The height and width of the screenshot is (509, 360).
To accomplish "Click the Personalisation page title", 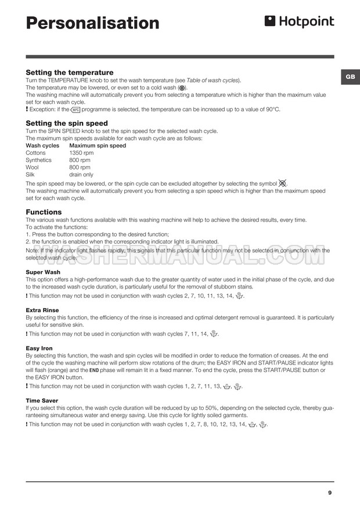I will tap(93, 23).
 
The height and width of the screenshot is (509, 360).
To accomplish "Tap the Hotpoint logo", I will tap(299, 22).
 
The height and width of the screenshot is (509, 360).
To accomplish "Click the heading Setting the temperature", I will tap(70, 73).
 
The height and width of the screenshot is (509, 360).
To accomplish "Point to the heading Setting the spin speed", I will tap(67, 123).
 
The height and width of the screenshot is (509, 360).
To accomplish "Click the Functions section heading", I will tap(44, 212).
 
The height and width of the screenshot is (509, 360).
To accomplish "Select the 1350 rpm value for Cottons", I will tap(81, 153).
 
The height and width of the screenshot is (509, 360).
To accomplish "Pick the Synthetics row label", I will tap(39, 160).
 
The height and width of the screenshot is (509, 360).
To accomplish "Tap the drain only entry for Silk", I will tap(81, 175).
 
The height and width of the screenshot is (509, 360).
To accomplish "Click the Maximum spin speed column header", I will tap(98, 146).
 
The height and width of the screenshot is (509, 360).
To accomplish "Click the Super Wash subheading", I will tap(43, 272).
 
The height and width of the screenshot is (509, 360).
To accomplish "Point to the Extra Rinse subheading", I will tap(42, 310).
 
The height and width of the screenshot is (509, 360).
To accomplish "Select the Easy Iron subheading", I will tap(39, 348).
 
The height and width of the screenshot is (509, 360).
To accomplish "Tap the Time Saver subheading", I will tap(42, 400).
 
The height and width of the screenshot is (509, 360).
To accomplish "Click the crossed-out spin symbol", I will tap(282, 183).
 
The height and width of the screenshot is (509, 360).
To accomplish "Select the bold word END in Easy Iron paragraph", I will tap(78, 370).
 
